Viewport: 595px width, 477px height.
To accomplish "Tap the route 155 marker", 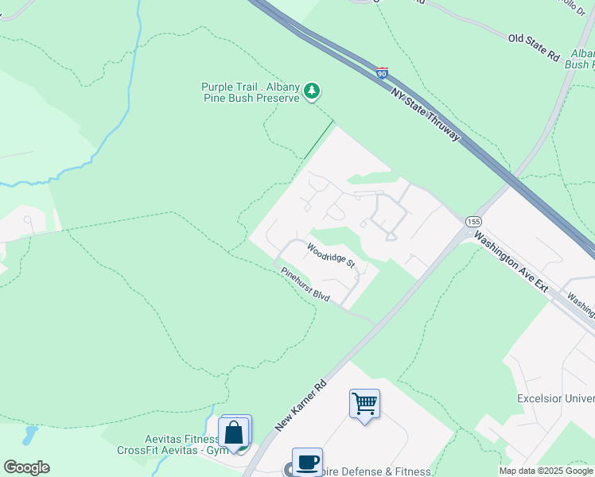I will [474, 221].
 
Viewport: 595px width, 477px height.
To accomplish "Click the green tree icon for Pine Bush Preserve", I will [313, 92].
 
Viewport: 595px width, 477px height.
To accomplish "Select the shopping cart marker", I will [364, 404].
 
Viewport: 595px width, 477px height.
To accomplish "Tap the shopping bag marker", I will [235, 432].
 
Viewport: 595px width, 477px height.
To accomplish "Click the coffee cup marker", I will [307, 462].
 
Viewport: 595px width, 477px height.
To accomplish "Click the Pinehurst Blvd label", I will [305, 284].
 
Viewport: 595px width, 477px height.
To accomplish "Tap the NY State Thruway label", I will [426, 115].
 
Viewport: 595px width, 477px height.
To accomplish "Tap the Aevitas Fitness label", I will [181, 440].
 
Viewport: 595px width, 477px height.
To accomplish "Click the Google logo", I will [26, 467].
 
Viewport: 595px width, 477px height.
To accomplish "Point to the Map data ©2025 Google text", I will [546, 471].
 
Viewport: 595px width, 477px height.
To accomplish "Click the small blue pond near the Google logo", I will [30, 435].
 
